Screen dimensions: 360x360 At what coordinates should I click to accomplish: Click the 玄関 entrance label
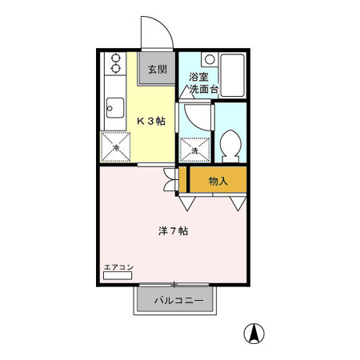tap(158, 70)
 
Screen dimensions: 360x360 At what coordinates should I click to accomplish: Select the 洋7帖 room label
tap(173, 231)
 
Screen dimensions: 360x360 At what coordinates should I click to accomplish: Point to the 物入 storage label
tap(218, 182)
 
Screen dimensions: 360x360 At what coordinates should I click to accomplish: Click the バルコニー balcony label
tap(178, 301)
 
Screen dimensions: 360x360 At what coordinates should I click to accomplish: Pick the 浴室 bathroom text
tap(198, 78)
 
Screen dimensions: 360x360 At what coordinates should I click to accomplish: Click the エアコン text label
tap(118, 267)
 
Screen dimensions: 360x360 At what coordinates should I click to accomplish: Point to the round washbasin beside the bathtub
tap(209, 58)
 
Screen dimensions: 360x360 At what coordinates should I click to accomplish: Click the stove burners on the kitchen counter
tap(114, 63)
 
